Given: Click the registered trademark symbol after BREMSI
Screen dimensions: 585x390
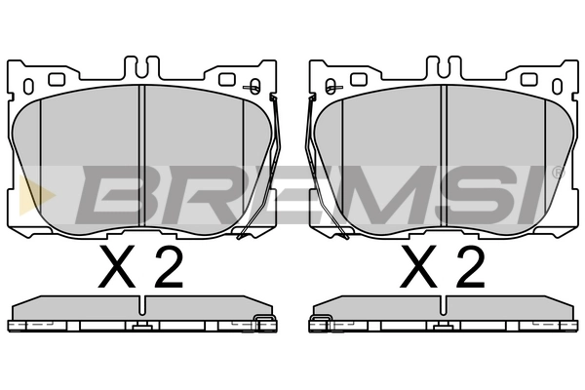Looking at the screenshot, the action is pos(558,174).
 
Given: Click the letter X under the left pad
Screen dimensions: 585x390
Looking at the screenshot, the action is pos(117,266).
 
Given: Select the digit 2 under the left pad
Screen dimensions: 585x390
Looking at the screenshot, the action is pos(169,266).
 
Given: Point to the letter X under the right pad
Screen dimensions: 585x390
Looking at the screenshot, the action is pos(419,266).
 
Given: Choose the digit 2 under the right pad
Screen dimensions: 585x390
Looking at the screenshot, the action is pos(471,266).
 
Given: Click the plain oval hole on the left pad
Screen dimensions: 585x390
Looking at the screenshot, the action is pos(28,86).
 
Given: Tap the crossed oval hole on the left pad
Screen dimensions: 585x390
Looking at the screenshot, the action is pos(254,87).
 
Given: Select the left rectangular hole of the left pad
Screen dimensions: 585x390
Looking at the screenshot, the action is pos(57,79).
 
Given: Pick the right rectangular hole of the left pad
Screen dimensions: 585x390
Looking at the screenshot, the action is pos(227,79).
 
